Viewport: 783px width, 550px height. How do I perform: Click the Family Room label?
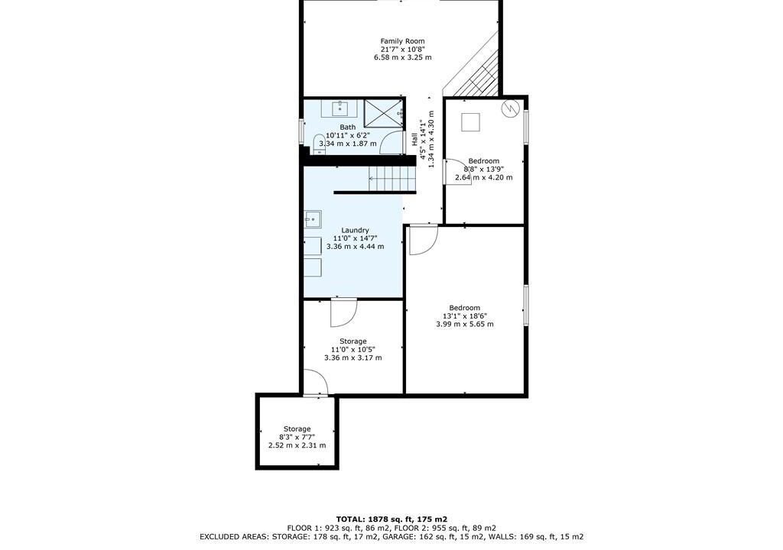pyautogui.click(x=402, y=41)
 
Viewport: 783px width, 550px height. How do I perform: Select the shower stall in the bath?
pyautogui.click(x=384, y=115)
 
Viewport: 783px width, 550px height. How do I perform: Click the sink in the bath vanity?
pyautogui.click(x=340, y=108)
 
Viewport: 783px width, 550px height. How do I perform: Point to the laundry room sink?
pyautogui.click(x=312, y=218)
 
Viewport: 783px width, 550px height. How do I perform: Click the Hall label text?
pyautogui.click(x=414, y=139)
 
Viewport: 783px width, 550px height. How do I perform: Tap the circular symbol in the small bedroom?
pyautogui.click(x=510, y=108)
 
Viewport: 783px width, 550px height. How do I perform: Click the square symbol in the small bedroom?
pyautogui.click(x=470, y=122)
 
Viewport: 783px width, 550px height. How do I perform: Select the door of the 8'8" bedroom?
pyautogui.click(x=457, y=171)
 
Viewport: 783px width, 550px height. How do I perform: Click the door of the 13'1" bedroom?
pyautogui.click(x=422, y=240)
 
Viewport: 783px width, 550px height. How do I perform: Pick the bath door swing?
pyautogui.click(x=391, y=142)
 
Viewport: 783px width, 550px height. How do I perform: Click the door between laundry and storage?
pyautogui.click(x=343, y=312)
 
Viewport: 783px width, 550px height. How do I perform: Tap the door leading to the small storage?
pyautogui.click(x=316, y=383)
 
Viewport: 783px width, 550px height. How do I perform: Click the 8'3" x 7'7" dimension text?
pyautogui.click(x=297, y=437)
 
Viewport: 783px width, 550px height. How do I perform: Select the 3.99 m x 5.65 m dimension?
pyautogui.click(x=465, y=324)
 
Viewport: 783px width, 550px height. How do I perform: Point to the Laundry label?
pyautogui.click(x=355, y=230)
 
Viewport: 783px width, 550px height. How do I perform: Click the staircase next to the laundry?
pyautogui.click(x=392, y=179)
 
